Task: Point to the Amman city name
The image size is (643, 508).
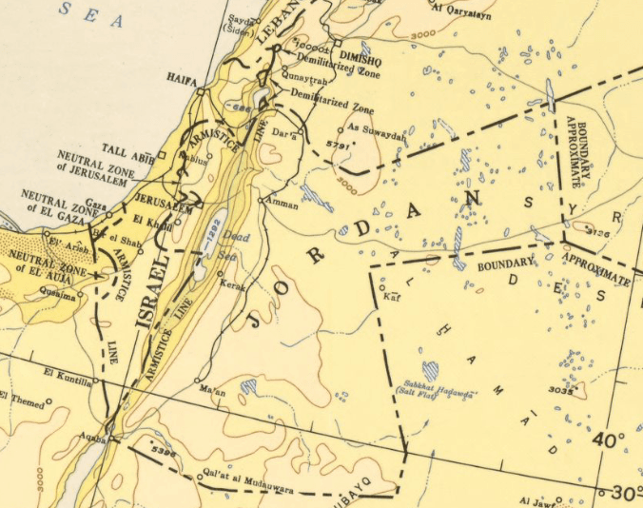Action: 283,204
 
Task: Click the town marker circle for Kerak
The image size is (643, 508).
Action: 221,274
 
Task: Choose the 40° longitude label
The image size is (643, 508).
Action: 609,440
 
